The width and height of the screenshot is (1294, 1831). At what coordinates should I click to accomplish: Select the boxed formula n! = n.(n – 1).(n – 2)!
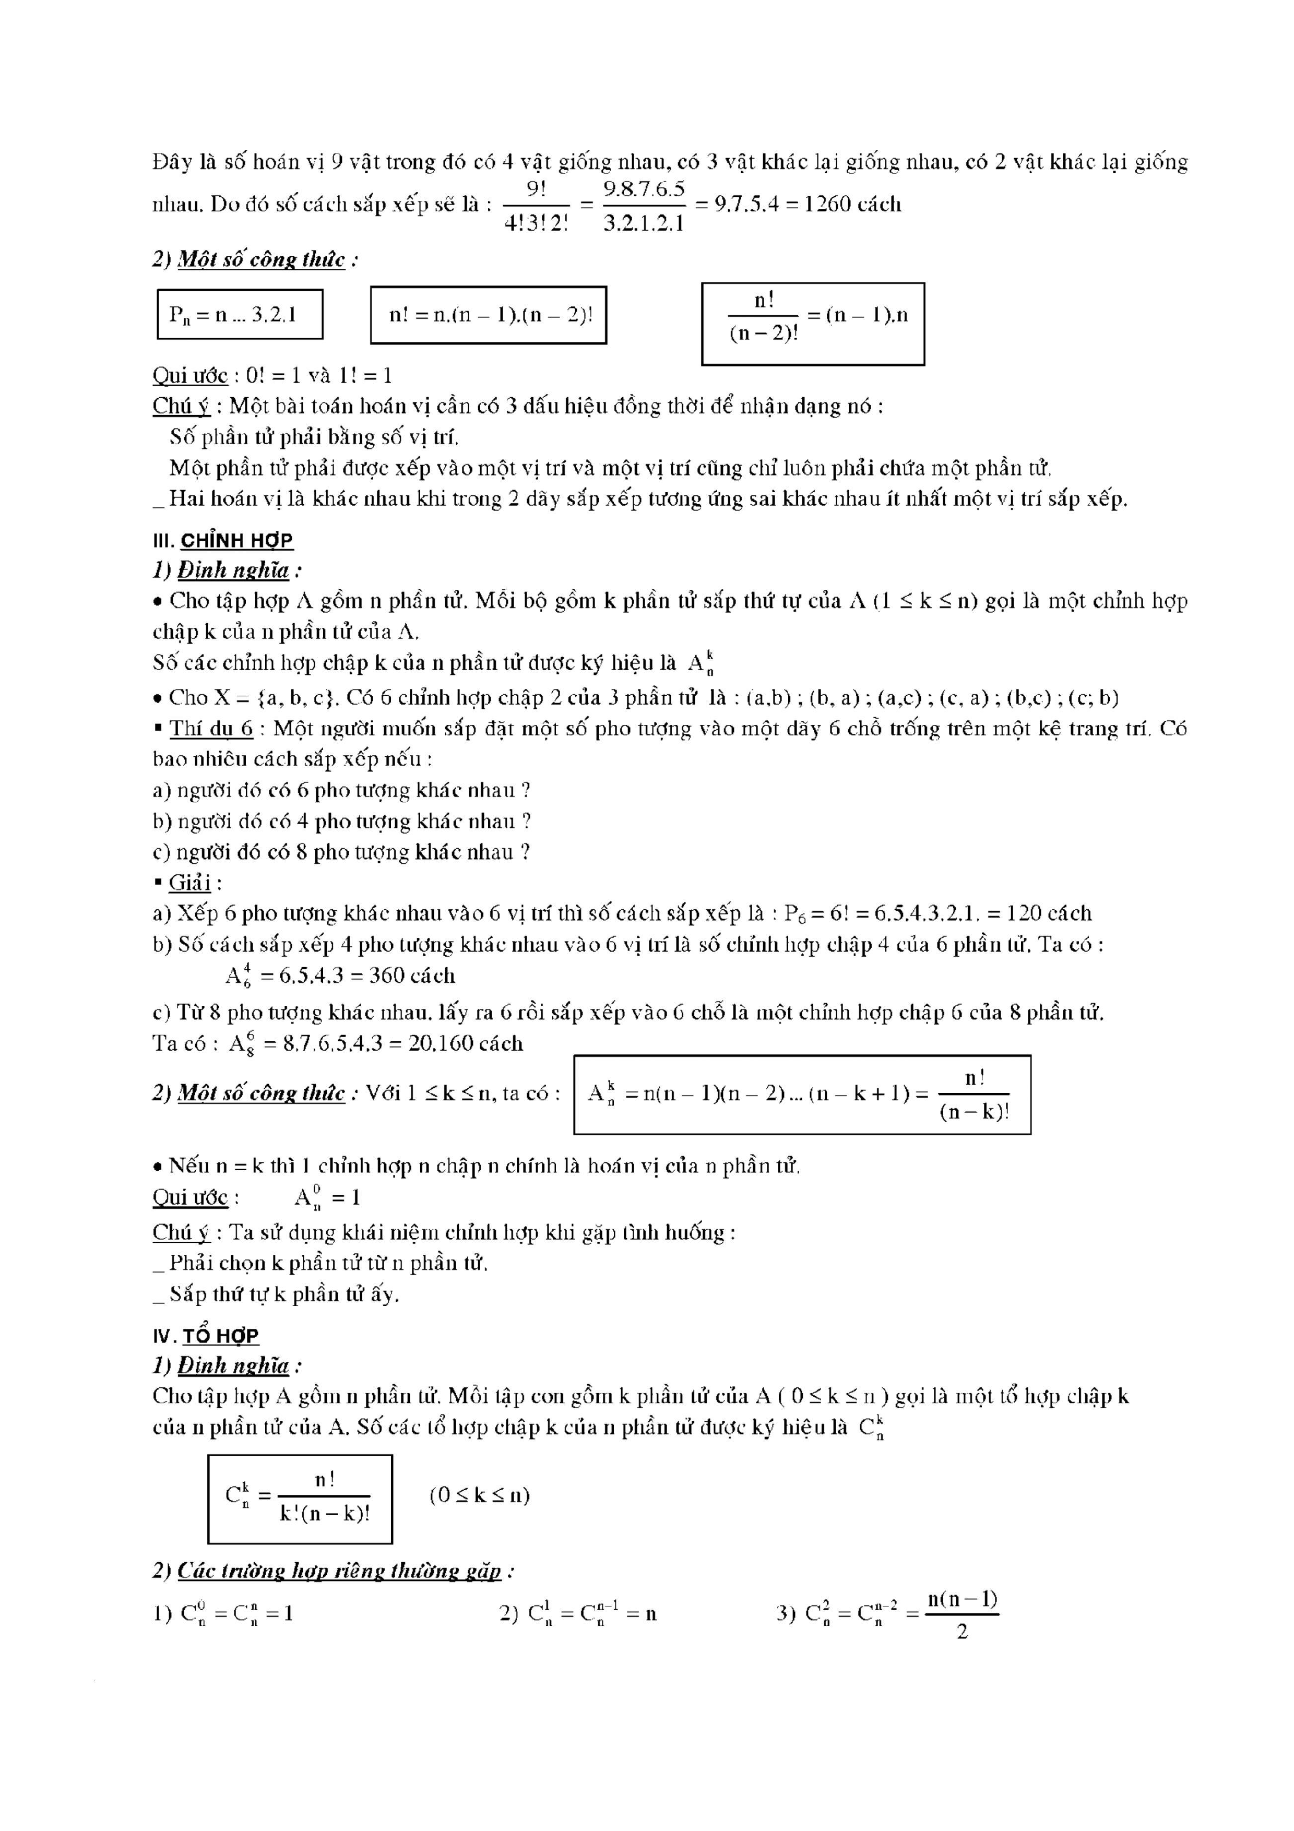pyautogui.click(x=489, y=315)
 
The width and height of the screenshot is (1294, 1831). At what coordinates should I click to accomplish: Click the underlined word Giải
pyautogui.click(x=190, y=883)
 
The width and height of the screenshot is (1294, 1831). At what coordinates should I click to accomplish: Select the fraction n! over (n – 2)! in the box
pyautogui.click(x=764, y=317)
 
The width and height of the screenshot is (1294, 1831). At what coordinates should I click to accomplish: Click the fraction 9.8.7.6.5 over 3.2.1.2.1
pyautogui.click(x=644, y=205)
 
